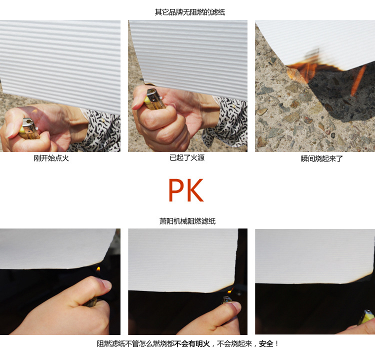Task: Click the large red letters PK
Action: pyautogui.click(x=186, y=190)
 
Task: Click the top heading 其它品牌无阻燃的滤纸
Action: pyautogui.click(x=190, y=12)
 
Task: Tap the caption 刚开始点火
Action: pyautogui.click(x=51, y=158)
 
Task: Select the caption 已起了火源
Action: pyautogui.click(x=187, y=157)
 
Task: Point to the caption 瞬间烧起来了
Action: pyautogui.click(x=321, y=158)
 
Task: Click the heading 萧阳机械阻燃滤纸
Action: pyautogui.click(x=187, y=221)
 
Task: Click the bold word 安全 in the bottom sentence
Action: pyautogui.click(x=266, y=343)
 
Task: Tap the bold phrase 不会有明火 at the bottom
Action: pyautogui.click(x=192, y=343)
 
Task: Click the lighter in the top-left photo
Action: pyautogui.click(x=28, y=128)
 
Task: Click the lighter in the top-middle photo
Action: pyautogui.click(x=155, y=99)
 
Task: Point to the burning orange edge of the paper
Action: pyautogui.click(x=315, y=66)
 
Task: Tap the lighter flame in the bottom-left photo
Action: pyautogui.click(x=98, y=269)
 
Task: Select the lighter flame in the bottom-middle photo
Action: pyautogui.click(x=230, y=290)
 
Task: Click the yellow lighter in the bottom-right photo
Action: pyautogui.click(x=366, y=317)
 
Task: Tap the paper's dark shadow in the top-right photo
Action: pyautogui.click(x=342, y=93)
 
